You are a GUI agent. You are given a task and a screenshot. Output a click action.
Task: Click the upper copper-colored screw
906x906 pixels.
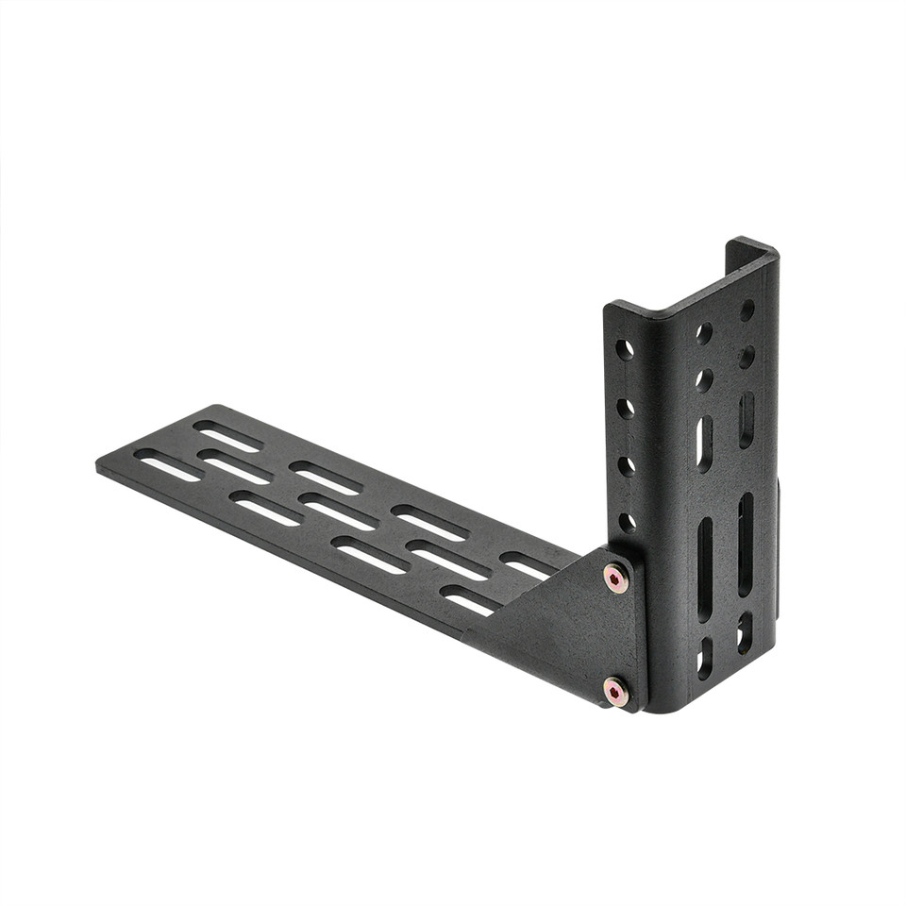pyautogui.click(x=615, y=578)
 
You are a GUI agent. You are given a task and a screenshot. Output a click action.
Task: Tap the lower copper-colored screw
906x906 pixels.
pyautogui.click(x=615, y=693)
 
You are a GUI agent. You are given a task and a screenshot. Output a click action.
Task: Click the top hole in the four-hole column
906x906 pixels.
pyautogui.click(x=625, y=349)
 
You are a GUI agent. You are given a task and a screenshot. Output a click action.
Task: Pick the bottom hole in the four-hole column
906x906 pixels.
pyautogui.click(x=627, y=522)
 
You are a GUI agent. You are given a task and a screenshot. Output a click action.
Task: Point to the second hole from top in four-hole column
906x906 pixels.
pyautogui.click(x=626, y=408)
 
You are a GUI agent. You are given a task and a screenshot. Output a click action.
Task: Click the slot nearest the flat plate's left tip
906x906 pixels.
pyautogui.click(x=168, y=464)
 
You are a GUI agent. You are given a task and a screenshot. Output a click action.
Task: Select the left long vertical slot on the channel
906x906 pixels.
pyautogui.click(x=705, y=568)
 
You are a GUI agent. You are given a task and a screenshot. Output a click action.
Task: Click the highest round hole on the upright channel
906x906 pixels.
pyautogui.click(x=747, y=310)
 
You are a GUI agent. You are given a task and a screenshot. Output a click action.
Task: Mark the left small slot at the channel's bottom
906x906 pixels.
pyautogui.click(x=705, y=657)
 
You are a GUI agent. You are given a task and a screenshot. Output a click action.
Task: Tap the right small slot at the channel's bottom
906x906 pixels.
pyautogui.click(x=745, y=631)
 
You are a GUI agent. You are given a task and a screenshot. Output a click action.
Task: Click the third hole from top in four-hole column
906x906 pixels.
pyautogui.click(x=626, y=465)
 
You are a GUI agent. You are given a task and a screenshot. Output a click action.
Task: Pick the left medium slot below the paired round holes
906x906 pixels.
pyautogui.click(x=704, y=444)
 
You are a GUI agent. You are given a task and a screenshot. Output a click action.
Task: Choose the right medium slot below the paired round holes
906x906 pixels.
pyautogui.click(x=746, y=420)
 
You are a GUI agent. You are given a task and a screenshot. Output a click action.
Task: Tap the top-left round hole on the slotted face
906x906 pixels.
pyautogui.click(x=704, y=333)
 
